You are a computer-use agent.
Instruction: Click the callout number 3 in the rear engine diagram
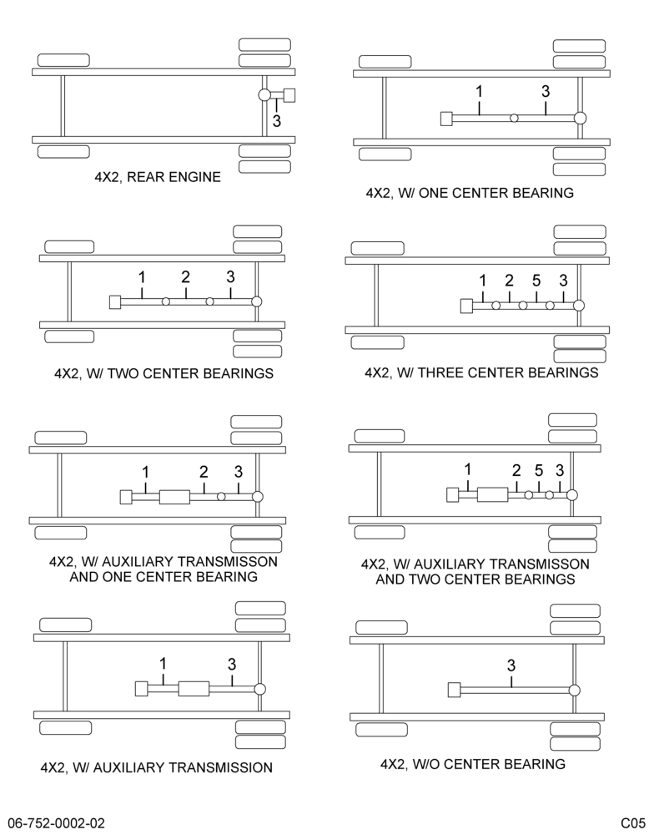276,121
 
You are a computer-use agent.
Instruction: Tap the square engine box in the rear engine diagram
290,95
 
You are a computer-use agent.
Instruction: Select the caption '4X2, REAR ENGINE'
158,177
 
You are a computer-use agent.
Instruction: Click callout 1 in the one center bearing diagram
479,92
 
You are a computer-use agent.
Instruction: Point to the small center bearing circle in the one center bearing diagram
514,118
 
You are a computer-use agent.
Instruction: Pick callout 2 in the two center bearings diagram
185,277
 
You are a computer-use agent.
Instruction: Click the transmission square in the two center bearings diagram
115,302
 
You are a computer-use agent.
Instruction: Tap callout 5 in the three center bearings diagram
536,280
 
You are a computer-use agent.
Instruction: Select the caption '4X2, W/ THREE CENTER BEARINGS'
481,372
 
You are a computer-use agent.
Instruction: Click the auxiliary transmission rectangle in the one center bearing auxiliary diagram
174,497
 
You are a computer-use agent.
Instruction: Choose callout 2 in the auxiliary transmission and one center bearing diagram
204,472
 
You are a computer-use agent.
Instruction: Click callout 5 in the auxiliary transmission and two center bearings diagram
539,471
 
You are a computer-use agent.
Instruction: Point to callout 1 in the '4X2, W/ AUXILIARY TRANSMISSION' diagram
163,664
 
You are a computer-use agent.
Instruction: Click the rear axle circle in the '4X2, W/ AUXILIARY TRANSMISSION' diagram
259,689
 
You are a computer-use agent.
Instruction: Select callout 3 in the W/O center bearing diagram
511,665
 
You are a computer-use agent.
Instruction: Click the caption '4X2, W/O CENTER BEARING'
472,764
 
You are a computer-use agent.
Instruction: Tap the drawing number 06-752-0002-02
57,823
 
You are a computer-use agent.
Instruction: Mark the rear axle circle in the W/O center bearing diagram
574,691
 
